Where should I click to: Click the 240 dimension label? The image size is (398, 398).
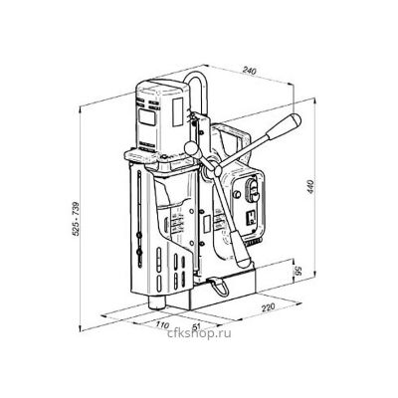point(249,71)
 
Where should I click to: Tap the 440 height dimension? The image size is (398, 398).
point(311,188)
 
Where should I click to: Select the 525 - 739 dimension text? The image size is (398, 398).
point(76,219)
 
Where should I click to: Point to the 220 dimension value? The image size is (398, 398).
point(268,307)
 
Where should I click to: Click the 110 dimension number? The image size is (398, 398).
point(162,324)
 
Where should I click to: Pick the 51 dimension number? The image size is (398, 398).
point(197,326)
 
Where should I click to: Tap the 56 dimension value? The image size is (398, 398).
point(298,272)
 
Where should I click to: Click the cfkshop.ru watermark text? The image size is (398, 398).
point(199,333)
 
